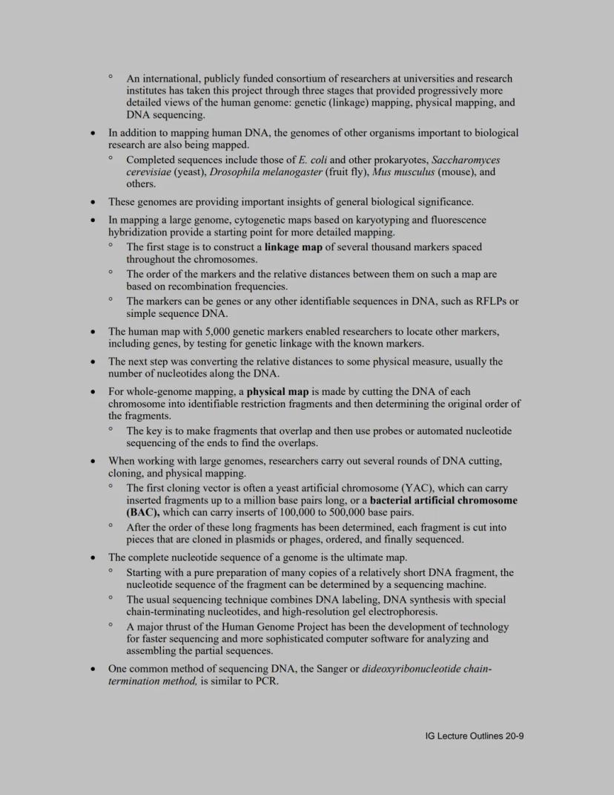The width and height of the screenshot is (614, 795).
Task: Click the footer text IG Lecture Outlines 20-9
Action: click(475, 736)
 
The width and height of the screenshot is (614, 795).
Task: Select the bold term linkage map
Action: click(293, 247)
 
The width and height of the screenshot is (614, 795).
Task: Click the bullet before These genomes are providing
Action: click(92, 202)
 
